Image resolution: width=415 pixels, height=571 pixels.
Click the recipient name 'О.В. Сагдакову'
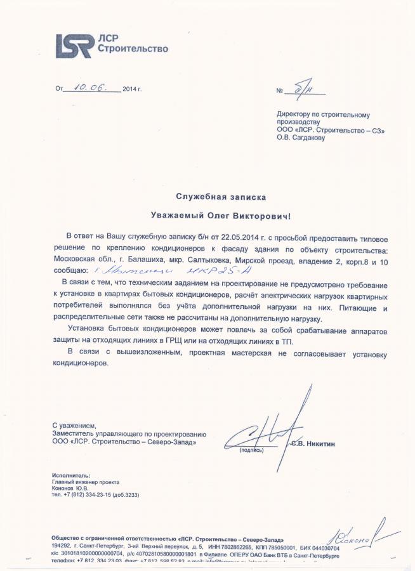[x=301, y=138]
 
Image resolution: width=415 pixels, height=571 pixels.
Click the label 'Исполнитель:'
[x=71, y=475]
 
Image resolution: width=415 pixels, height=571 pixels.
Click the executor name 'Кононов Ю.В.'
[x=70, y=489]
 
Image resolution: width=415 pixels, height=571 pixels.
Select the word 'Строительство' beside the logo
[x=133, y=48]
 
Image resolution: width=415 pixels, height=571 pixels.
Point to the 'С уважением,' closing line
[x=74, y=424]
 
